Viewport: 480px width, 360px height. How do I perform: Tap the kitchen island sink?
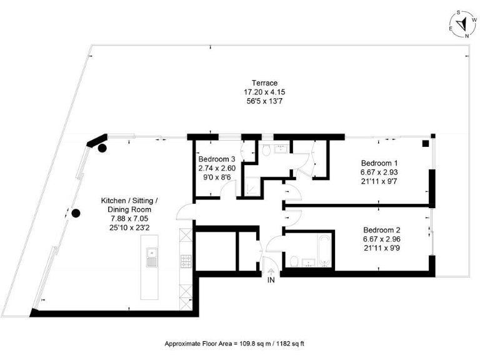(151, 257)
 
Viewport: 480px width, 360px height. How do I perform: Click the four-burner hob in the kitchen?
(186, 259)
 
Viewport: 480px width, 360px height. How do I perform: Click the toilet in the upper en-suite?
(267, 150)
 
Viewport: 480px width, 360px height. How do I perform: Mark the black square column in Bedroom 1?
(425, 143)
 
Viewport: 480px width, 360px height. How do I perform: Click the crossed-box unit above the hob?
(186, 239)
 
